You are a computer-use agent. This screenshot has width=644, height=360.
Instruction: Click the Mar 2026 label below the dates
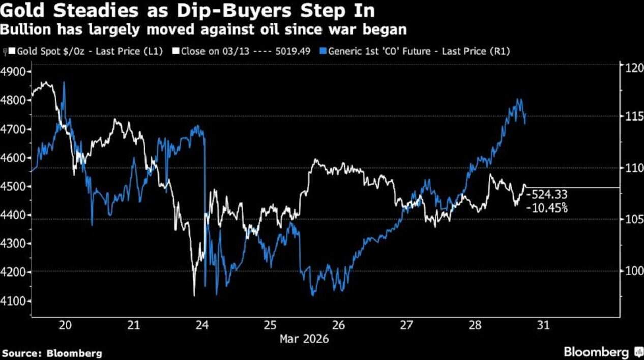(x=304, y=338)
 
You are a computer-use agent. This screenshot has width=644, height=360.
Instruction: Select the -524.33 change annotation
(x=547, y=194)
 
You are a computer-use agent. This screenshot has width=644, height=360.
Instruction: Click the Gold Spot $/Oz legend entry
(x=86, y=51)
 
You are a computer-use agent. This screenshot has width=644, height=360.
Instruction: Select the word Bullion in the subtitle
(x=21, y=29)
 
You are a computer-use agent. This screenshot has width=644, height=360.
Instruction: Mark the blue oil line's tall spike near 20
(x=64, y=84)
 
